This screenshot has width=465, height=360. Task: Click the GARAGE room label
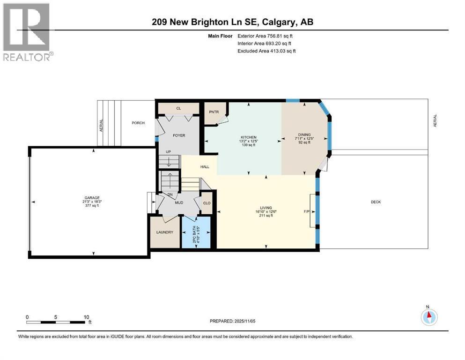[92, 198]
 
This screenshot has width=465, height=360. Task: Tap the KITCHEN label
[249, 137]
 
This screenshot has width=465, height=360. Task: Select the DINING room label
[304, 135]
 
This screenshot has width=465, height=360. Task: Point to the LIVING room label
[266, 208]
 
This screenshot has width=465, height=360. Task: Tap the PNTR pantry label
[214, 112]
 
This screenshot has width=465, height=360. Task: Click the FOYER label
[179, 135]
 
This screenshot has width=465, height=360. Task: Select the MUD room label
[179, 202]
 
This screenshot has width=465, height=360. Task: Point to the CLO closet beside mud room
[207, 203]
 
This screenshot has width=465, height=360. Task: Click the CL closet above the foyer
[178, 108]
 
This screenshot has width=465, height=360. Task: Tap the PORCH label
[138, 122]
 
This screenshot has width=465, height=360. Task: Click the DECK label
[376, 202]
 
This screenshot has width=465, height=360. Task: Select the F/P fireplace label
[307, 211]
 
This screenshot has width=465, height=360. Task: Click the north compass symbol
[429, 317]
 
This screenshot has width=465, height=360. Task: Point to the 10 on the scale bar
[86, 317]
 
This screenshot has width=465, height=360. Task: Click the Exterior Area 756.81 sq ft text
[265, 36]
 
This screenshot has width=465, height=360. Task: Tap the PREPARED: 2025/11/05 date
[232, 321]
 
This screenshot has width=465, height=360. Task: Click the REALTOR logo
[28, 32]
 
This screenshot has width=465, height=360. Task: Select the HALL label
[205, 167]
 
